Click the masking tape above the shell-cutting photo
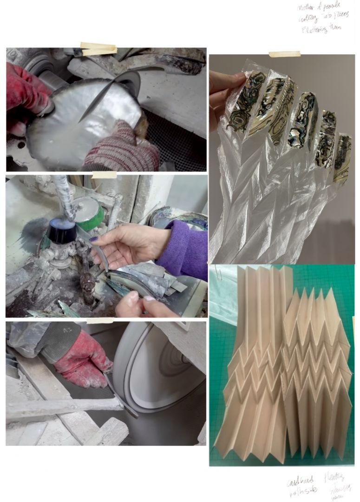pyautogui.click(x=98, y=48)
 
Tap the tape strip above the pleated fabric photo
pyautogui.click(x=284, y=54)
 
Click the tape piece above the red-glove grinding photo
pyautogui.click(x=100, y=320)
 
